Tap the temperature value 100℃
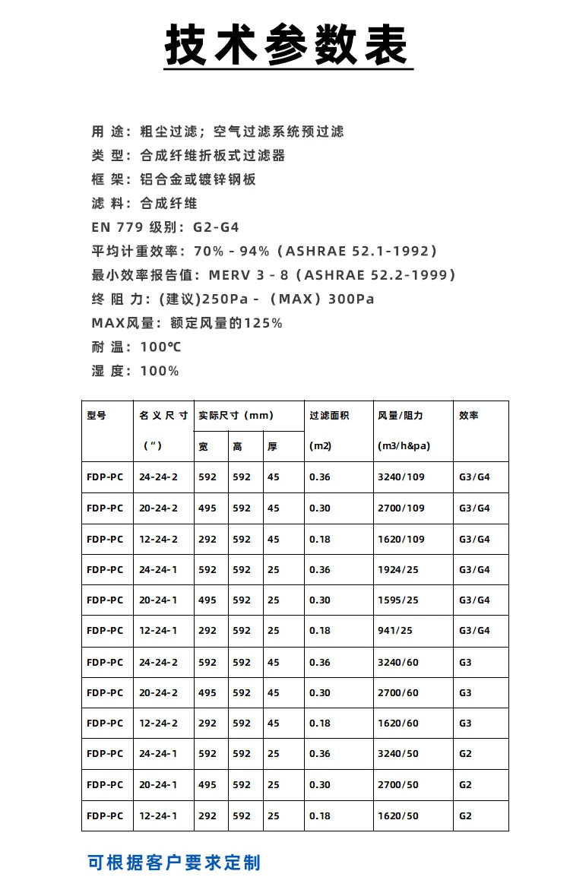160,347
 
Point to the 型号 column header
97,416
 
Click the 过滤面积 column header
329,416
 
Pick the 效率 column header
469,416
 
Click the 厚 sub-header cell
272,447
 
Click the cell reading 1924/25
397,570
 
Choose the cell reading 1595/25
397,600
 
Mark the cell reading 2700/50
397,785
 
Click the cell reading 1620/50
397,816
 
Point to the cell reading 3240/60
397,663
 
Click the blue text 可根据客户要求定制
174,863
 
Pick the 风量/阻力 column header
401,416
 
